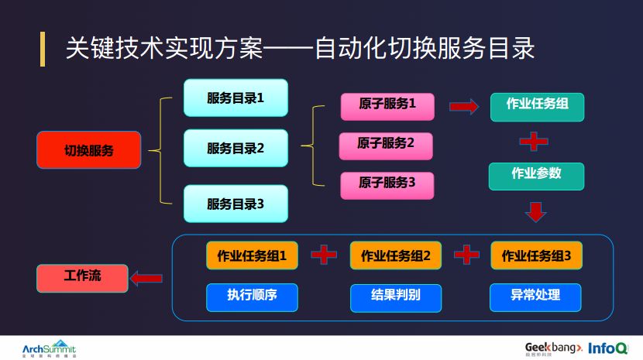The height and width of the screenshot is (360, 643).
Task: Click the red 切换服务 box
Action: pos(88,150)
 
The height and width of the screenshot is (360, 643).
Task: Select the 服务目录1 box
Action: pos(236,98)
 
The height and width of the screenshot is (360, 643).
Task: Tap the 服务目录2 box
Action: pos(236,148)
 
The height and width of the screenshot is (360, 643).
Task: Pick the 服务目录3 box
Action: pos(236,204)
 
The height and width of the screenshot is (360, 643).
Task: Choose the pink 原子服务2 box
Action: pos(386,145)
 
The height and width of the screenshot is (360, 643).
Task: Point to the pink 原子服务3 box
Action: pos(387,184)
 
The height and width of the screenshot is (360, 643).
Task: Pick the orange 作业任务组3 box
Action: pos(536,255)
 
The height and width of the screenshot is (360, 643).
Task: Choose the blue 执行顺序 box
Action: pos(252,297)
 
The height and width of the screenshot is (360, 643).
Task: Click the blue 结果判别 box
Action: pos(396,297)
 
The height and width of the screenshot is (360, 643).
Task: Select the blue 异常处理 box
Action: pos(535,297)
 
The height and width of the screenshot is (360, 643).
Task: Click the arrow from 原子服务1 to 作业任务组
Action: pos(463,107)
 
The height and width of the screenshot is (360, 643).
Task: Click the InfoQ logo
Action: pos(607,348)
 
